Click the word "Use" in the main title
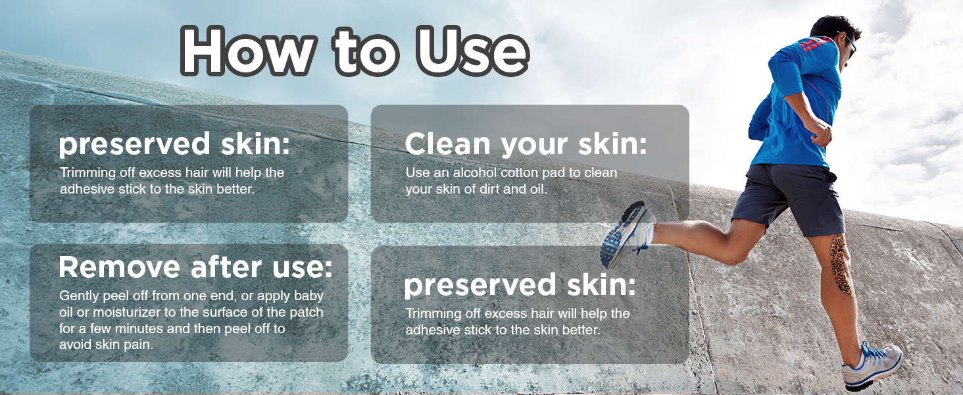click(472, 51)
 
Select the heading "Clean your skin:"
click(526, 144)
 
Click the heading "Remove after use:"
click(196, 267)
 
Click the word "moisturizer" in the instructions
click(128, 312)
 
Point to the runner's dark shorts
click(789, 198)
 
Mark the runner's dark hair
click(834, 28)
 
